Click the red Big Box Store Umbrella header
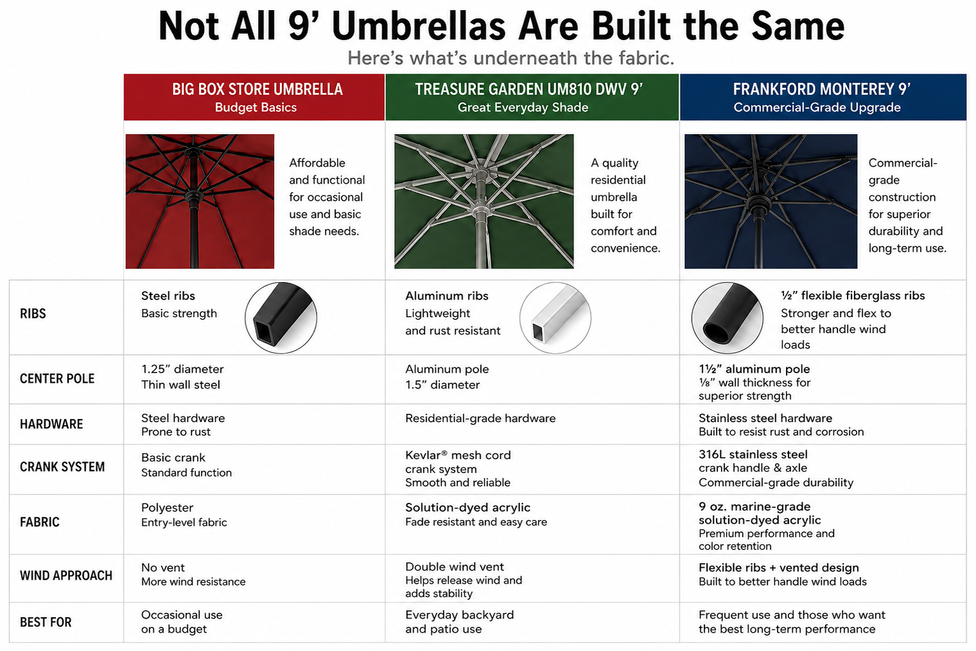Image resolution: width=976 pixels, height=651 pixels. click(254, 97)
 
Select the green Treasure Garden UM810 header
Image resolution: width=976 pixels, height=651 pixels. click(532, 97)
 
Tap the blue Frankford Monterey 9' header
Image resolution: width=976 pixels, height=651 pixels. click(823, 97)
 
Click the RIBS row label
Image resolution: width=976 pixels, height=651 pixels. click(32, 313)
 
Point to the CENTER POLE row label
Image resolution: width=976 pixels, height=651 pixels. click(57, 379)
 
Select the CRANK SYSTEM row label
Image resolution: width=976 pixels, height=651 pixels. click(62, 467)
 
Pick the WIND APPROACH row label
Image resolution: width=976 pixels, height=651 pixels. click(66, 575)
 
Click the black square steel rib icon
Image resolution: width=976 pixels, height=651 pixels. click(281, 318)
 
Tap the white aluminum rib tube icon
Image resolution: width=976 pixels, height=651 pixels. click(556, 318)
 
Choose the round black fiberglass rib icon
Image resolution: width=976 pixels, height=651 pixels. click(727, 318)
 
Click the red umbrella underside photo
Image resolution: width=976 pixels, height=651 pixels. click(200, 202)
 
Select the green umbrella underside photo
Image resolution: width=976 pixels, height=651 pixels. click(484, 202)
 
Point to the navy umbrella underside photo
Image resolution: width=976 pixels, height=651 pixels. click(771, 202)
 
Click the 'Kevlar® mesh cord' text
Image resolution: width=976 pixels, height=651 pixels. click(458, 455)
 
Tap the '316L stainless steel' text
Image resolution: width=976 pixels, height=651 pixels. click(753, 455)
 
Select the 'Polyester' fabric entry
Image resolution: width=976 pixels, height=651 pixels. click(167, 508)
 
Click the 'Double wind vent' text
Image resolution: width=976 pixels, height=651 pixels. click(455, 567)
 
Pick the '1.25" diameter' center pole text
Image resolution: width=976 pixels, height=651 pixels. click(182, 369)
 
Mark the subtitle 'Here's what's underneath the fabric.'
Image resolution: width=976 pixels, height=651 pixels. click(511, 58)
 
